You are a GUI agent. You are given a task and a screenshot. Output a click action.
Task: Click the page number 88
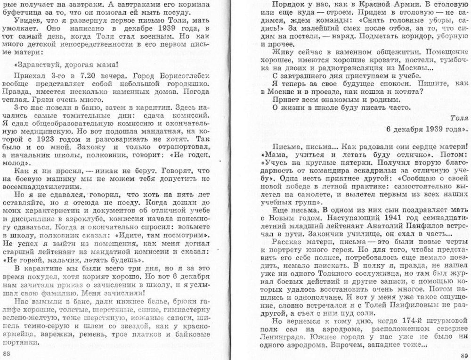(7, 352)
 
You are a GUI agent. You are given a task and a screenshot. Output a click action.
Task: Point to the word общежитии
(373, 50)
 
